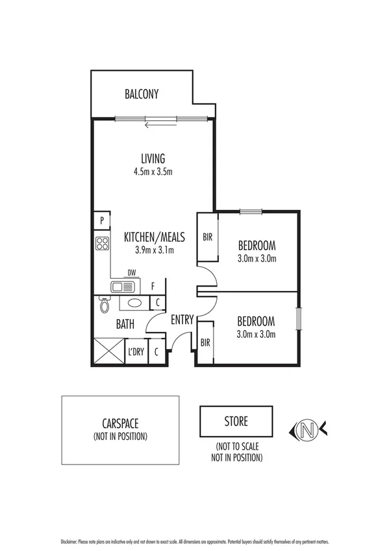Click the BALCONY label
tap(142, 94)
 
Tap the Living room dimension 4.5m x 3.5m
tap(153, 172)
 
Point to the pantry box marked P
tap(102, 221)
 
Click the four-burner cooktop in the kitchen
tap(103, 244)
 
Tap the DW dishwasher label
tap(132, 273)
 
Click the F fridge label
tap(153, 286)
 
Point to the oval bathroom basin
tap(134, 303)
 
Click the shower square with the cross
tap(108, 351)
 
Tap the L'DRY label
tap(136, 352)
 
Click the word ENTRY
tap(182, 320)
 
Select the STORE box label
tap(236, 421)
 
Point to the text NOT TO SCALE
tap(236, 448)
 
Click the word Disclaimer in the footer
tap(68, 541)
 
